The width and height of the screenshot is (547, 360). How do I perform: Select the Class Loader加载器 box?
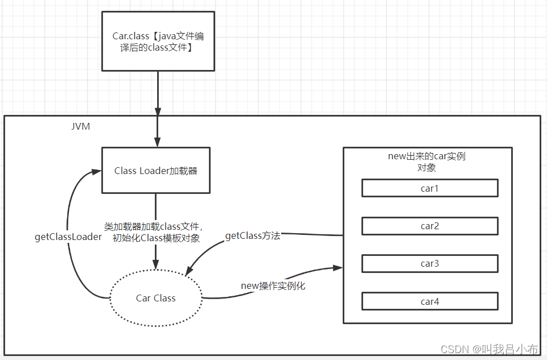[155, 171]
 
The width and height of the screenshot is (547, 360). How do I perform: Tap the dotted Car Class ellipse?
[156, 298]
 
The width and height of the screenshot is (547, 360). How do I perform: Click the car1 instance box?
[430, 188]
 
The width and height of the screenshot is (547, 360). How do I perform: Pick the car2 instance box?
[430, 226]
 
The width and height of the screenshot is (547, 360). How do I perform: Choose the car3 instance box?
[430, 264]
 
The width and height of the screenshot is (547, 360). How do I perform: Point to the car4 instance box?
[430, 301]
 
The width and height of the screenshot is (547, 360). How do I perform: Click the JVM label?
[80, 126]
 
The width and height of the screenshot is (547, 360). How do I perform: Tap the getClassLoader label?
[68, 237]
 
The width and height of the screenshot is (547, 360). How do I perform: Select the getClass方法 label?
[253, 235]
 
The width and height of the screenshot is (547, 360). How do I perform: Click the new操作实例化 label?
[273, 285]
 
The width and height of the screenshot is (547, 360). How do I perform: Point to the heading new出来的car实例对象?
[426, 161]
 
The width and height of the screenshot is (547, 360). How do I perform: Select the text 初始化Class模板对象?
[156, 238]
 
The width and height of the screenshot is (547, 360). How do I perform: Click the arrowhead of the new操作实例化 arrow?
[338, 267]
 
